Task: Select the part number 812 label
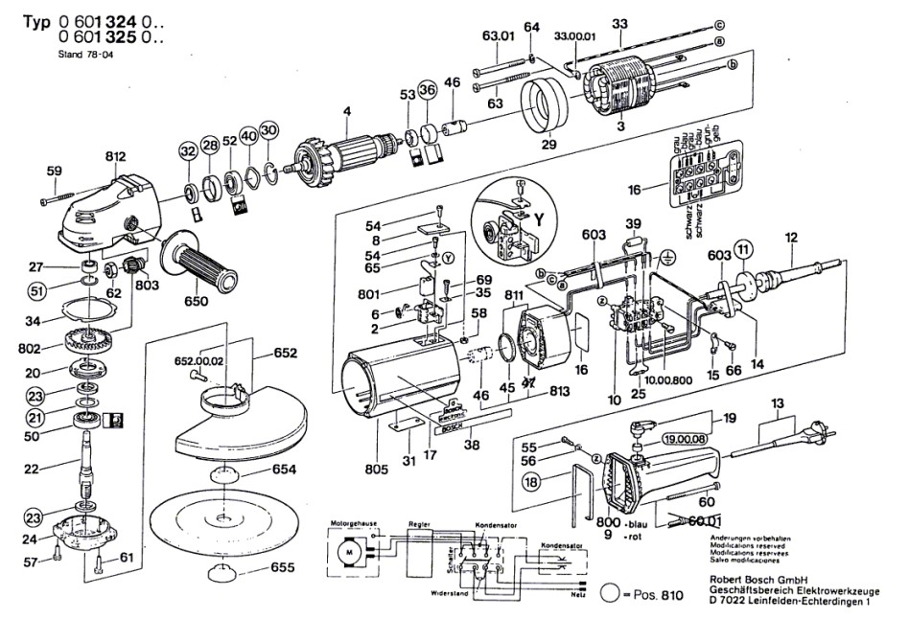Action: (116, 154)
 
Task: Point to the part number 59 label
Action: (55, 172)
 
